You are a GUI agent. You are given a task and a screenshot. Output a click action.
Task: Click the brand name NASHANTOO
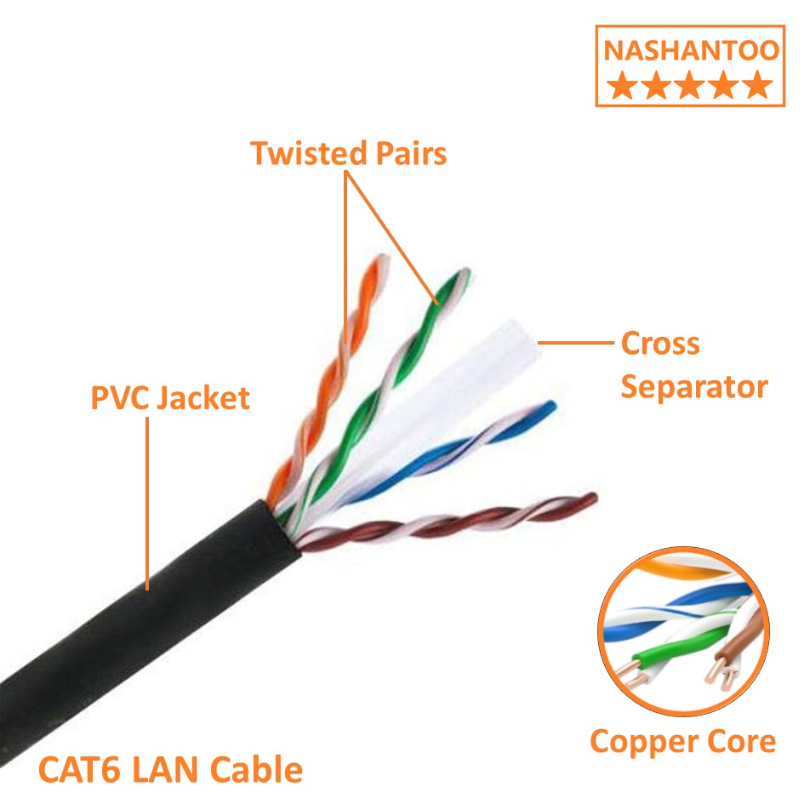click(690, 50)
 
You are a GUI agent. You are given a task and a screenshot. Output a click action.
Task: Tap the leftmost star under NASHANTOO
click(623, 85)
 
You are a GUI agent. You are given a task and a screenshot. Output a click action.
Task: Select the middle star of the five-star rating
click(690, 85)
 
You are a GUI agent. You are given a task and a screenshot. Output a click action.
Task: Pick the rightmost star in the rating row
click(756, 85)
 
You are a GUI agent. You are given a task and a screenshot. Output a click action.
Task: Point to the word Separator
click(693, 387)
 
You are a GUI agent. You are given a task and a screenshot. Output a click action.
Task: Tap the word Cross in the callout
click(660, 345)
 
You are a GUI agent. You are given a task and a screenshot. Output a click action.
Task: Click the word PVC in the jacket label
click(119, 397)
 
